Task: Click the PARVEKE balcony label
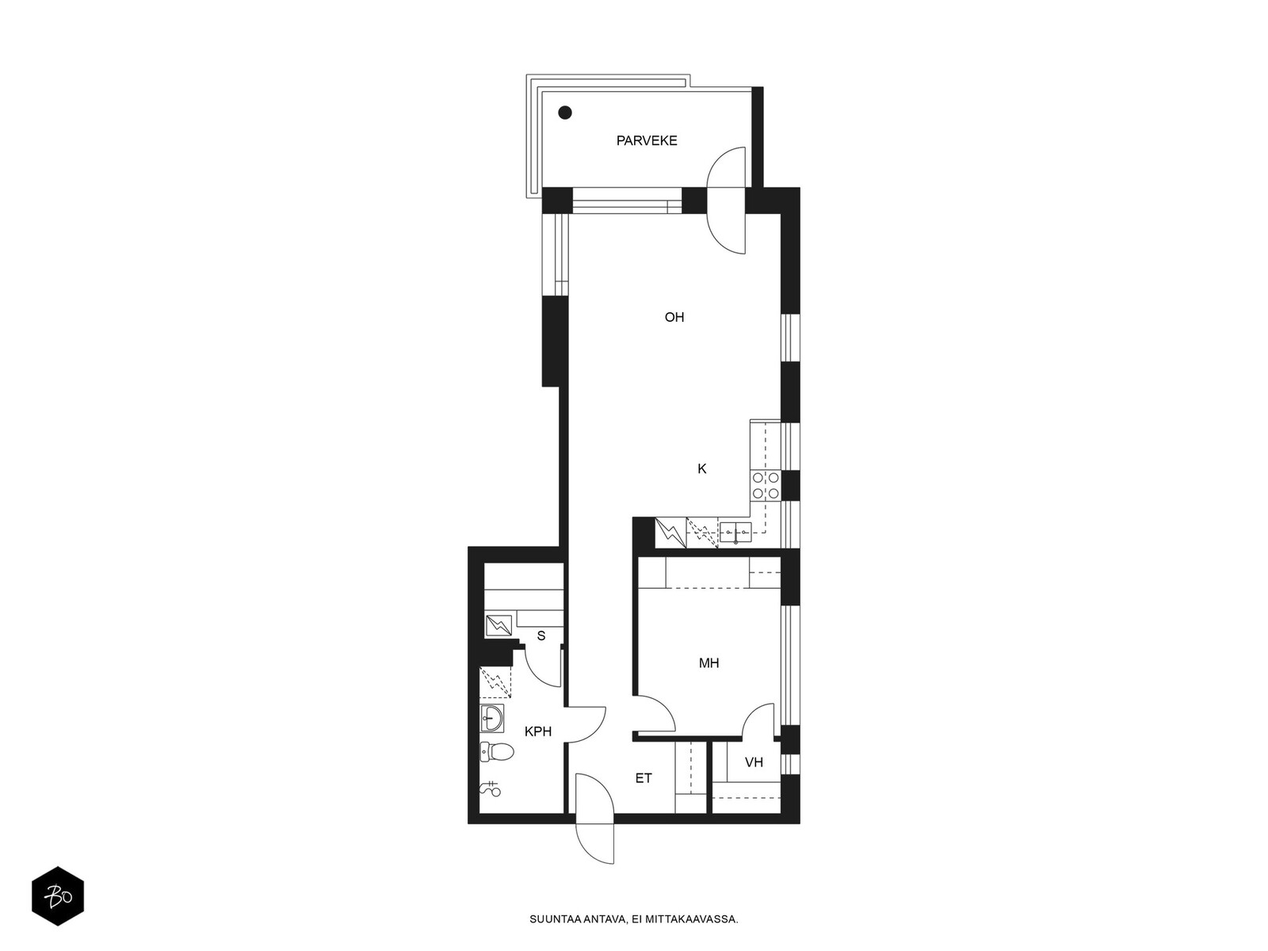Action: coord(647,140)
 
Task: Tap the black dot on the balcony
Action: coord(565,113)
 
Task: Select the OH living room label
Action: coord(674,317)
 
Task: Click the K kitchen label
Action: coord(702,469)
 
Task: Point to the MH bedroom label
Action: coord(708,663)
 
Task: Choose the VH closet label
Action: coord(754,762)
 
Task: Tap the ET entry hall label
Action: coord(644,778)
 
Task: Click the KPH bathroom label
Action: coord(538,731)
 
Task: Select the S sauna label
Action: coord(541,636)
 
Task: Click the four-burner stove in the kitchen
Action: coord(765,486)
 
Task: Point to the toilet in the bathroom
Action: coord(497,752)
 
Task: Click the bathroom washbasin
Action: coord(491,718)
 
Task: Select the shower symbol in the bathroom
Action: coord(491,789)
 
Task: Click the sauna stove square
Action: coord(498,625)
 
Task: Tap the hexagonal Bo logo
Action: coord(58,897)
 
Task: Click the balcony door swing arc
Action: coord(720,200)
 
